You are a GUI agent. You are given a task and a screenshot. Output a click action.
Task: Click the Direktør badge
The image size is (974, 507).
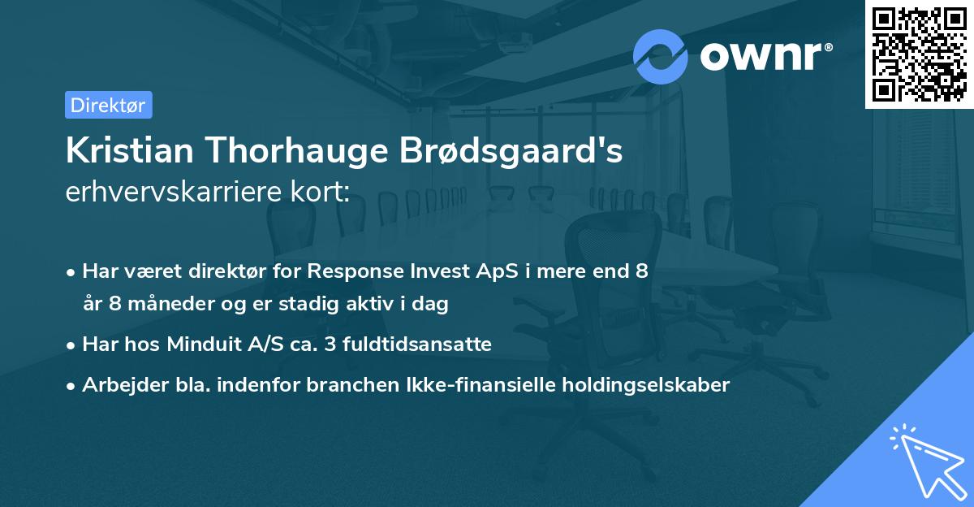(108, 105)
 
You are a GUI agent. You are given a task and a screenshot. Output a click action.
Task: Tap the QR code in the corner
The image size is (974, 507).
(919, 54)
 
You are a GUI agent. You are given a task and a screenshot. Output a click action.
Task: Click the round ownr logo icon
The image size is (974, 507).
(661, 56)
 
